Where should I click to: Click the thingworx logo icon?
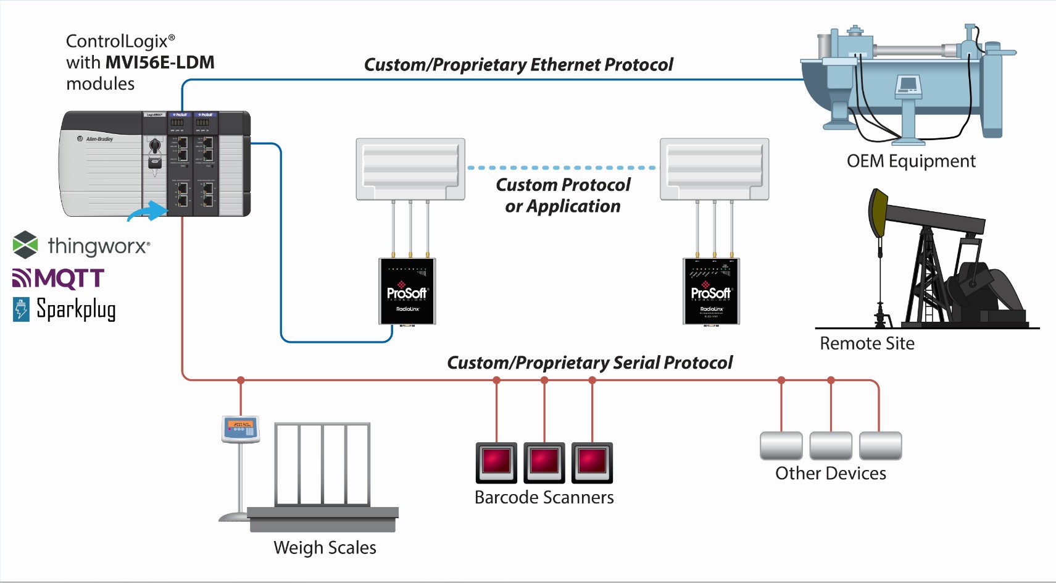25,245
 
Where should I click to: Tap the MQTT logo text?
59,278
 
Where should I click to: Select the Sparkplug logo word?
76,309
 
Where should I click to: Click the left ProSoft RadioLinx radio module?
407,291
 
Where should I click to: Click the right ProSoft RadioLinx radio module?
711,291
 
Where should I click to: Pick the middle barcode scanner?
544,462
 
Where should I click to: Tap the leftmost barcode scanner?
496,462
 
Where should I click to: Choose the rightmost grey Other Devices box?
880,446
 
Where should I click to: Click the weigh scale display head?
241,429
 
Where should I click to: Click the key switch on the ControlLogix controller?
155,146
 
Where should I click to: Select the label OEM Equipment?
911,161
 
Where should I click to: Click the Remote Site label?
867,343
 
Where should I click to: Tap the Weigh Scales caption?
325,548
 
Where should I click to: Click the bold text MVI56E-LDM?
160,62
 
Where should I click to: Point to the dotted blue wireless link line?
562,167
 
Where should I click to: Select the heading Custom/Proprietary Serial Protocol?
589,363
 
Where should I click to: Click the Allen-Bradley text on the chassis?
99,139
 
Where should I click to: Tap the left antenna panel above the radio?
410,169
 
